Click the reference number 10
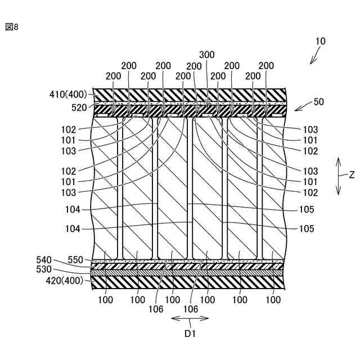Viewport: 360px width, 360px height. click(x=320, y=41)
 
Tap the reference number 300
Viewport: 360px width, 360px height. click(x=206, y=55)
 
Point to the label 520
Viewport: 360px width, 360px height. click(x=79, y=106)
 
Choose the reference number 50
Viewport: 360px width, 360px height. click(x=319, y=102)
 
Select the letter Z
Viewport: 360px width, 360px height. click(x=352, y=175)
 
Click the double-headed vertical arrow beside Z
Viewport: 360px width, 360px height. click(x=339, y=176)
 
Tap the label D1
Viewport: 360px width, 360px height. click(x=190, y=332)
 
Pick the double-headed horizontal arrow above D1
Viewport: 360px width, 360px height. click(x=190, y=318)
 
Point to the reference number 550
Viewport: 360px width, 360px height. click(x=75, y=260)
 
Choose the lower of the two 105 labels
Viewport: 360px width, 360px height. click(x=307, y=229)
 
